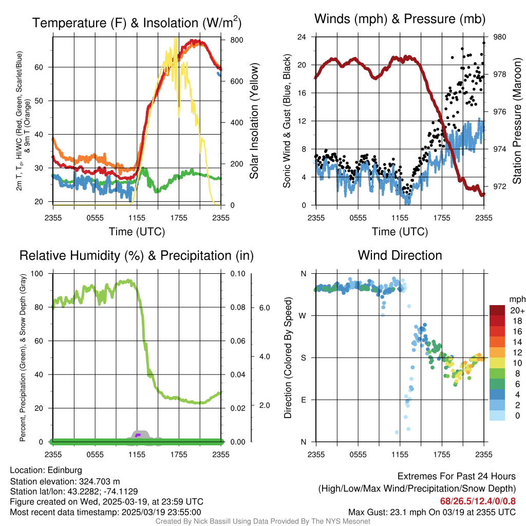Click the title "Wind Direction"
(400, 255)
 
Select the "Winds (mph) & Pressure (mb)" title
(400, 20)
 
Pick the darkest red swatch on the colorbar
(498, 310)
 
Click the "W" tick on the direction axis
(303, 315)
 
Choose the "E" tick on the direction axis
(303, 400)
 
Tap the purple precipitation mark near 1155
(138, 435)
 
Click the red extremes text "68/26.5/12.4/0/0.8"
(478, 501)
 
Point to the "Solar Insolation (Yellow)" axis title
(254, 121)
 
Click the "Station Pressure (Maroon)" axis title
(517, 121)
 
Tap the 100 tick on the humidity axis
(42, 273)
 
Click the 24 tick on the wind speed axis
(302, 37)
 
